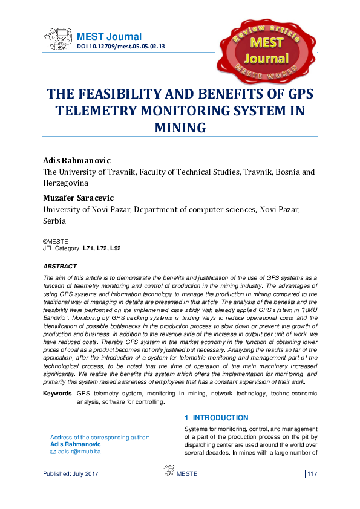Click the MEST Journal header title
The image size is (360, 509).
click(x=109, y=37)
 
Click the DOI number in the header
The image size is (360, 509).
click(x=120, y=47)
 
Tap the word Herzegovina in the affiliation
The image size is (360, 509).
click(x=65, y=183)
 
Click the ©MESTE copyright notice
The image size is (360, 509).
click(x=56, y=241)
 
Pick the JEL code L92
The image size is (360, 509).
click(x=115, y=248)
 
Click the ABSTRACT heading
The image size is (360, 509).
click(x=60, y=266)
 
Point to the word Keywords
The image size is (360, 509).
click(x=57, y=394)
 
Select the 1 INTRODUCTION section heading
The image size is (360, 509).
click(x=216, y=418)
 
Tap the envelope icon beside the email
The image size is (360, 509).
click(x=53, y=452)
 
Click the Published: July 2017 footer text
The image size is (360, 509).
click(x=71, y=473)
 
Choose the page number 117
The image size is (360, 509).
click(x=312, y=473)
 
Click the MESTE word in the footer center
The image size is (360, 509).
click(x=187, y=473)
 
